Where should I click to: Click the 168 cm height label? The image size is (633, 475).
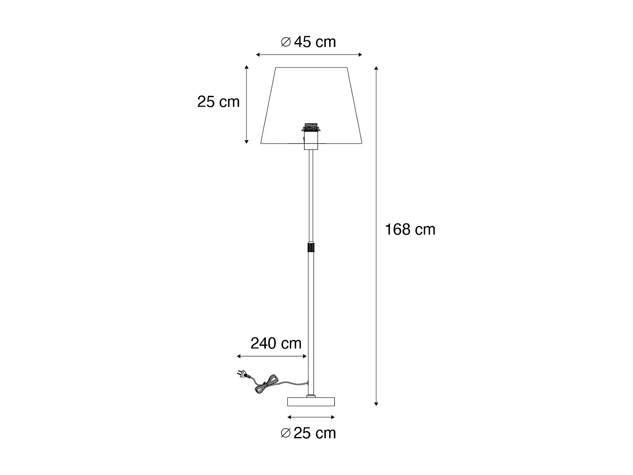pyautogui.click(x=410, y=230)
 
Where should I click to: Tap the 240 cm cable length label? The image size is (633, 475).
pyautogui.click(x=276, y=343)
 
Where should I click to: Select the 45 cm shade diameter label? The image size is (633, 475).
pyautogui.click(x=315, y=42)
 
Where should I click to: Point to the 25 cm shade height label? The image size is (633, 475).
pyautogui.click(x=218, y=102)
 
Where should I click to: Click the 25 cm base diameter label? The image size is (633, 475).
pyautogui.click(x=315, y=433)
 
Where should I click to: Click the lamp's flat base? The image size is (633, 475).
pyautogui.click(x=311, y=401)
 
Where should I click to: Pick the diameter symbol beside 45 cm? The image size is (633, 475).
pyautogui.click(x=286, y=42)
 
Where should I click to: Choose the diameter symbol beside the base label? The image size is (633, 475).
pyautogui.click(x=286, y=433)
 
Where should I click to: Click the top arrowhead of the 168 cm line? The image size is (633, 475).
pyautogui.click(x=376, y=68)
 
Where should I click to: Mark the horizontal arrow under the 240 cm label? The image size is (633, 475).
pyautogui.click(x=272, y=356)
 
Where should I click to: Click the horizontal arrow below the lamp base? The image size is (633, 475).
pyautogui.click(x=311, y=418)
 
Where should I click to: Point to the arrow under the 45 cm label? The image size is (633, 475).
pyautogui.click(x=309, y=54)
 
